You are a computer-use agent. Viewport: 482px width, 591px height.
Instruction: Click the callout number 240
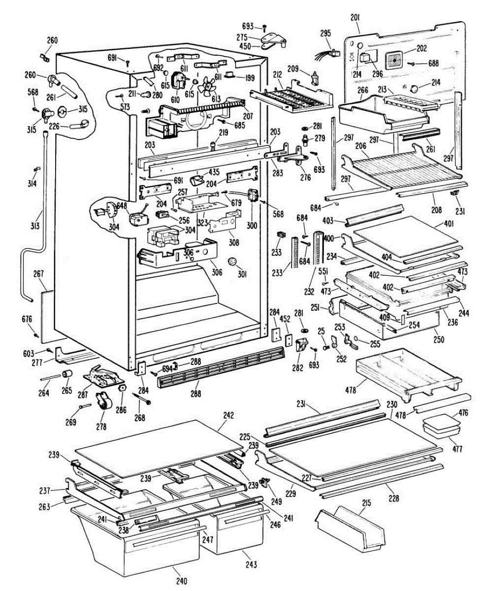pyautogui.click(x=182, y=582)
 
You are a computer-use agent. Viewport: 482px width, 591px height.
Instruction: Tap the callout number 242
pyautogui.click(x=228, y=415)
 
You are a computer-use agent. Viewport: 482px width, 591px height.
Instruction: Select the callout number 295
pyautogui.click(x=325, y=34)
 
